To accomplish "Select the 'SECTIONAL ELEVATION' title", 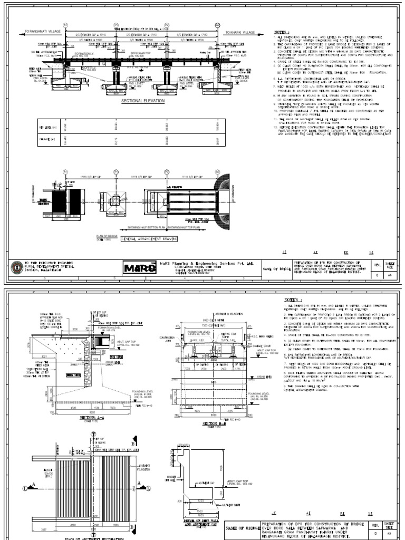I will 143,100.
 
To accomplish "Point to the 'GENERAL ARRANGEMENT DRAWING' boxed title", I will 149,239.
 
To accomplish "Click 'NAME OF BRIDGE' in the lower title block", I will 244,528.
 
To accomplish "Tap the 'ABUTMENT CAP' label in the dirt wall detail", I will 206,483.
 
